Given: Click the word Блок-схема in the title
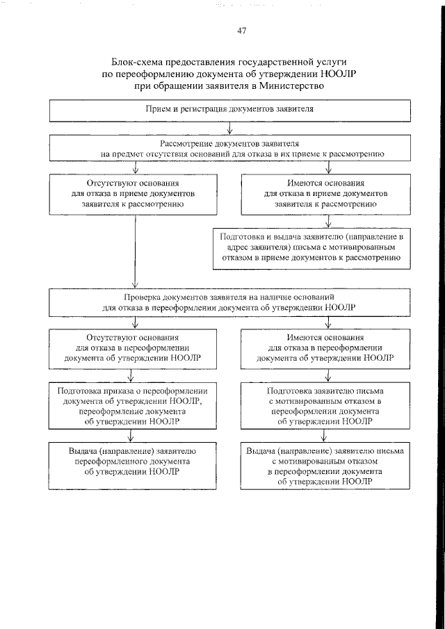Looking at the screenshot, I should pos(134,62).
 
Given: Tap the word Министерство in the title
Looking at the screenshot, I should pos(291,86).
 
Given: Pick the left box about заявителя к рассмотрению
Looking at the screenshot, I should pos(133,195).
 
